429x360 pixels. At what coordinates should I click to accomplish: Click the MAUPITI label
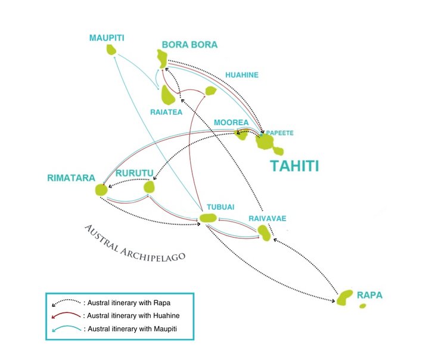[107, 38]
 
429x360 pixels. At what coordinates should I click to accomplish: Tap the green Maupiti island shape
[111, 49]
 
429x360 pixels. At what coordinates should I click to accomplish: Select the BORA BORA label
[189, 45]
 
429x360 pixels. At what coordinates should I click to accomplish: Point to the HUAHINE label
[242, 75]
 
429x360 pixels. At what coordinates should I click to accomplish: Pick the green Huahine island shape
[210, 91]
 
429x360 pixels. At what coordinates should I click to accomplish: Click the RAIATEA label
[166, 112]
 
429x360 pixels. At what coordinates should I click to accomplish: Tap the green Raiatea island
[167, 95]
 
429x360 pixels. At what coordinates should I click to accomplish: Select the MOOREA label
[231, 122]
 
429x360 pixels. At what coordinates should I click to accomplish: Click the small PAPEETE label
[279, 133]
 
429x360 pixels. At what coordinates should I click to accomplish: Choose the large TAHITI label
[295, 166]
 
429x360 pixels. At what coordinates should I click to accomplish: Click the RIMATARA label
[71, 178]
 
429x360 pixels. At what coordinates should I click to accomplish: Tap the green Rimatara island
[101, 190]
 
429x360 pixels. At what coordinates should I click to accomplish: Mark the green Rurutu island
[149, 187]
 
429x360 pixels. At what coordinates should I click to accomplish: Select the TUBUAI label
[220, 207]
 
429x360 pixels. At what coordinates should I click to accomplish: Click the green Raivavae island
[265, 233]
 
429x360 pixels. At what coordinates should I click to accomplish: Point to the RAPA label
[369, 295]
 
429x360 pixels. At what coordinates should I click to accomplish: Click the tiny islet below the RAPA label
[362, 306]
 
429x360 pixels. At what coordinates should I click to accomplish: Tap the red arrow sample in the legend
[66, 315]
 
